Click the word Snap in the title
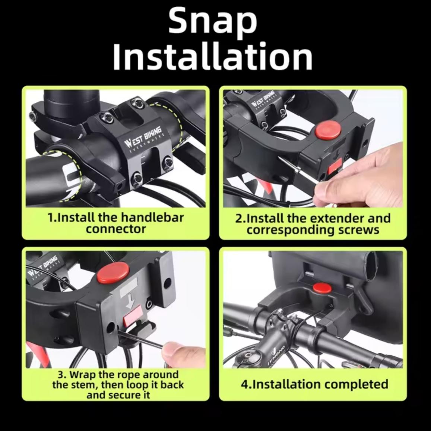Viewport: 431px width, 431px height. [212, 22]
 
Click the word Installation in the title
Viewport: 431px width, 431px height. [212, 57]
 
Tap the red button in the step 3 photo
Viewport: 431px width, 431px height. [113, 273]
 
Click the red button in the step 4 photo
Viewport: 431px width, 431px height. [322, 288]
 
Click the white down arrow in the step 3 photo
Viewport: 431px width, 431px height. [130, 301]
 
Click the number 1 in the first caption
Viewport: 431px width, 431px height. [51, 218]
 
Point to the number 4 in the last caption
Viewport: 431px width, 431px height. [245, 384]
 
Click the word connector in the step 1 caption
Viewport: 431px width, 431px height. [116, 229]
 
